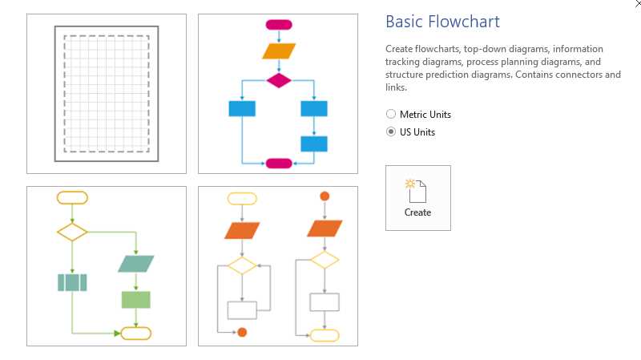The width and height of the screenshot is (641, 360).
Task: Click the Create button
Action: [x=417, y=198]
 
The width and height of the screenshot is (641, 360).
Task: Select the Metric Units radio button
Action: [x=391, y=115]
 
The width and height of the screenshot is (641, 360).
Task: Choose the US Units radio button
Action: [x=391, y=132]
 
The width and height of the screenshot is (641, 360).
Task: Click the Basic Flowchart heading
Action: [x=442, y=22]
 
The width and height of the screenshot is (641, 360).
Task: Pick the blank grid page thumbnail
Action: [x=107, y=93]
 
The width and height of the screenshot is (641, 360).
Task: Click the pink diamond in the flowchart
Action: [x=278, y=79]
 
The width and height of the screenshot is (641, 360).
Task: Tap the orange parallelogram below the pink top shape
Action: [x=279, y=51]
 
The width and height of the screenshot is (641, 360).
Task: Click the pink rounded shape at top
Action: [x=278, y=25]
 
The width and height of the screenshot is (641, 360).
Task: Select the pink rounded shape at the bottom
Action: [x=279, y=164]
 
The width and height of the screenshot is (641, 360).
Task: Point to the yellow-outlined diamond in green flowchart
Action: [x=72, y=232]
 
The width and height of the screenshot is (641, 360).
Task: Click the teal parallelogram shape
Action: [x=135, y=264]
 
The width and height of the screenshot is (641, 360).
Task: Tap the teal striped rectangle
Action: [x=72, y=282]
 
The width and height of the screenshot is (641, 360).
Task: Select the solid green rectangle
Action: [x=135, y=300]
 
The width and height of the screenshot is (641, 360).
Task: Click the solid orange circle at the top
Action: [x=325, y=196]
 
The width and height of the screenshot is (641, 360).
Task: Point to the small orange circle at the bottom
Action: [x=242, y=332]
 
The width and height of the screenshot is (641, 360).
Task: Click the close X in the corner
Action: [x=637, y=4]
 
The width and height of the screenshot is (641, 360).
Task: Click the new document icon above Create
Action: [x=417, y=190]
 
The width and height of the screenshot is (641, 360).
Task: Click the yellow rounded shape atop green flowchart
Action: [x=72, y=197]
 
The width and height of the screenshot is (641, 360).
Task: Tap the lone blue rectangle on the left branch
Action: [x=242, y=108]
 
